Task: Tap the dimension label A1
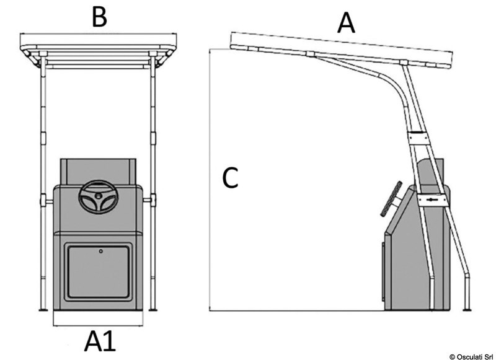100,342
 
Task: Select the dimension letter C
230,178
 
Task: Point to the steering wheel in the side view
391,198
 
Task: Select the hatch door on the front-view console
99,271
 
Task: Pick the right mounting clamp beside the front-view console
151,200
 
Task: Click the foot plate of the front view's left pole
42,310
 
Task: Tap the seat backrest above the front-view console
98,170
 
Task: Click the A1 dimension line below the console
99,325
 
